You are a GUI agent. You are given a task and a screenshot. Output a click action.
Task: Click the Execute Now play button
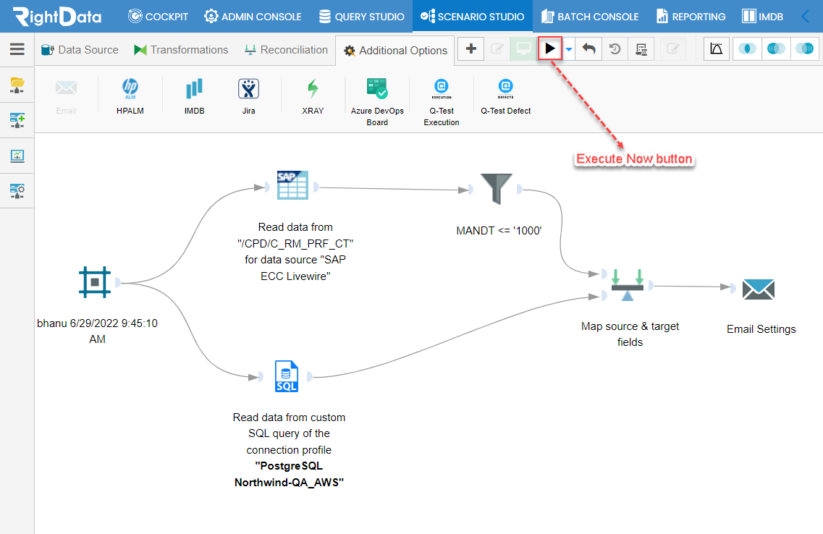[x=549, y=48]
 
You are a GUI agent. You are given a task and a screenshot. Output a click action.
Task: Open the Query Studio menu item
[x=362, y=17]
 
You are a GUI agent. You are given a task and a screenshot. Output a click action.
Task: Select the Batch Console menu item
[x=590, y=17]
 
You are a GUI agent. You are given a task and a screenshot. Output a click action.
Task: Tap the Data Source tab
[x=80, y=50]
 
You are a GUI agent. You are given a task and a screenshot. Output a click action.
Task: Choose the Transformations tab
[x=181, y=50]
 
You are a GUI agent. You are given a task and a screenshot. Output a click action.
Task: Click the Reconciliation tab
[x=286, y=50]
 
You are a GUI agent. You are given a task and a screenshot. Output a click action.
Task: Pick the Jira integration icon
[x=249, y=89]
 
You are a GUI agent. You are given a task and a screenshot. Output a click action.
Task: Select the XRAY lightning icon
[x=313, y=89]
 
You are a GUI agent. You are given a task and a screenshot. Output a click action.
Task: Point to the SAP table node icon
[x=293, y=185]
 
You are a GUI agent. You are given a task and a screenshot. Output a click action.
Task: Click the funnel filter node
[x=496, y=189]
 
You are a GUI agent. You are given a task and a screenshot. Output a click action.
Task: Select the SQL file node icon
[x=287, y=376]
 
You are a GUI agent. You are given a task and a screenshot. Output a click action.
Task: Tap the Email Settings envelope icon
[x=759, y=289]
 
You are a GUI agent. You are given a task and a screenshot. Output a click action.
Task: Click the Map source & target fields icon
[x=628, y=285]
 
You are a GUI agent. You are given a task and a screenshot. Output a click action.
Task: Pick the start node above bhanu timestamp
[x=95, y=282]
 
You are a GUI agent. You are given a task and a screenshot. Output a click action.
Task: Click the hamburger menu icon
[x=17, y=49]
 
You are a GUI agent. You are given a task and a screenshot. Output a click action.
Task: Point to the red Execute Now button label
[x=634, y=159]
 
